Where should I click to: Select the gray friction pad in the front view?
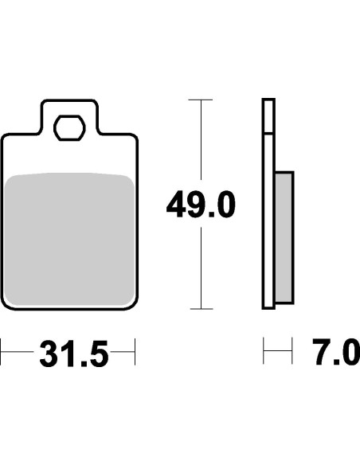70,239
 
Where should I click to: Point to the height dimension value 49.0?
201,206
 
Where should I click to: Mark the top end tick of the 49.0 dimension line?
201,100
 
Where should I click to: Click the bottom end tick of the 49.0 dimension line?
201,309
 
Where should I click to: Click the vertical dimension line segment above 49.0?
201,143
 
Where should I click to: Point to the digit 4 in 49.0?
176,206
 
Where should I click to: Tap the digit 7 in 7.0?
322,351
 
